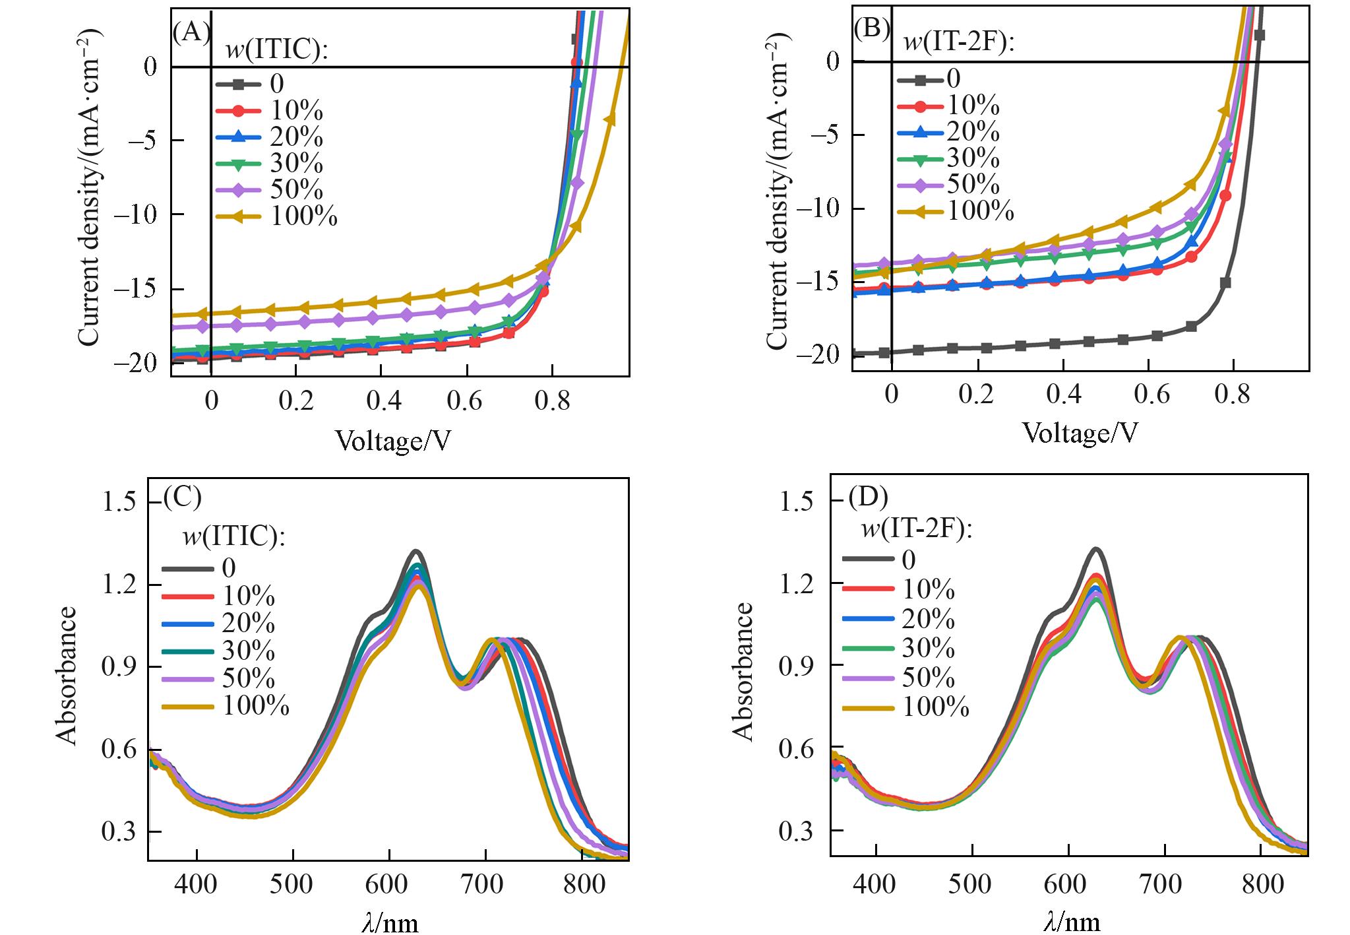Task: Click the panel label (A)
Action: coord(191,31)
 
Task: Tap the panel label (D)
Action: coord(868,496)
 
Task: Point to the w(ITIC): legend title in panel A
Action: coord(277,51)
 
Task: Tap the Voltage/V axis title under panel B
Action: coord(1080,433)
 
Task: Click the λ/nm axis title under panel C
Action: coord(390,922)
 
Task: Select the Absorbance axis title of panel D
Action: coord(743,671)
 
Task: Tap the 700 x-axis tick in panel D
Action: coord(1164,884)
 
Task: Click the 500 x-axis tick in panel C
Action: coord(293,884)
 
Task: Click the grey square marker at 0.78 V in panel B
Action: coord(1225,283)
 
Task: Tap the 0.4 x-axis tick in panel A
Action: coord(383,400)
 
